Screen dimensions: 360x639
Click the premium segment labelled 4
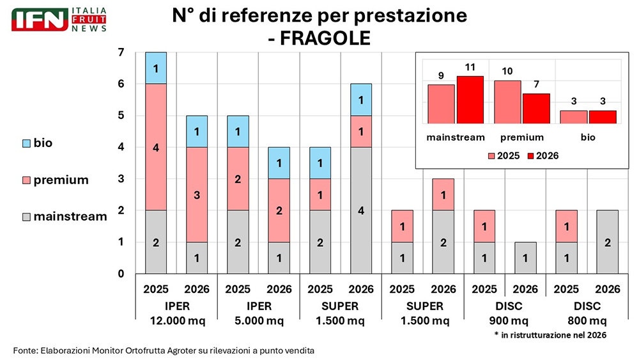156,146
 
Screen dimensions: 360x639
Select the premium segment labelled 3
197,194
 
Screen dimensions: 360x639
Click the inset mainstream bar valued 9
441,104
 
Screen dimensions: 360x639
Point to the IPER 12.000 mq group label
176,313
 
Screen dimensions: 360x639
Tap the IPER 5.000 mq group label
258,313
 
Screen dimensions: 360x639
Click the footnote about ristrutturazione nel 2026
550,335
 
